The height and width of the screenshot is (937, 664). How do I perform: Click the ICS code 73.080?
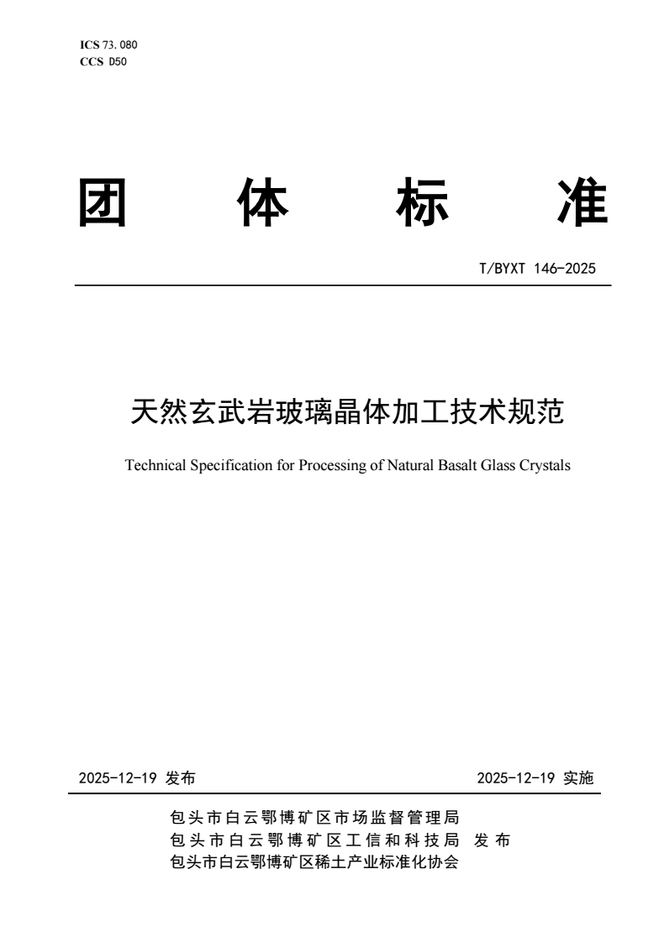[119, 44]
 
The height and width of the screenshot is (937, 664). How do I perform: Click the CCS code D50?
[115, 60]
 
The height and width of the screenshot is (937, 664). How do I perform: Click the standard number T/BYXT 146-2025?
[537, 270]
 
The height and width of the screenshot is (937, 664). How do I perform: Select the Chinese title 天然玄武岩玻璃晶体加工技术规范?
[347, 411]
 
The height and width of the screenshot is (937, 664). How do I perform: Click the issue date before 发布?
[119, 778]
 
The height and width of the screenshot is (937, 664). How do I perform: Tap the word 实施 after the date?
[578, 778]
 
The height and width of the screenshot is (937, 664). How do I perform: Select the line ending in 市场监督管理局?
[314, 817]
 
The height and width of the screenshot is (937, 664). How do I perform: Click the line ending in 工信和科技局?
[314, 840]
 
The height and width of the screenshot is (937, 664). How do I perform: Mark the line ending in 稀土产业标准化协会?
[314, 862]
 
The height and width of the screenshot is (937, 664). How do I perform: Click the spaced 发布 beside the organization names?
[493, 840]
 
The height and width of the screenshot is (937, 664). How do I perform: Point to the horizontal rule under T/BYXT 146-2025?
[343, 285]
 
